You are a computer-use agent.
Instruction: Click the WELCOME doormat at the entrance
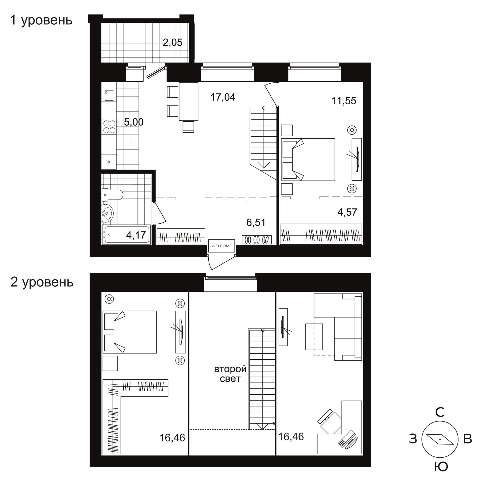click(222, 246)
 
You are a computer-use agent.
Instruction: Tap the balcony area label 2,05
click(172, 43)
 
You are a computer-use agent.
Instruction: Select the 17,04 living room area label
click(223, 97)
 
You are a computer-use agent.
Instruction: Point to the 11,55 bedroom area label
click(344, 101)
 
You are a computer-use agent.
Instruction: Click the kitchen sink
click(109, 96)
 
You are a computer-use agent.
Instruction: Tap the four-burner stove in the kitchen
click(109, 127)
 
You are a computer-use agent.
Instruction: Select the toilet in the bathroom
click(112, 195)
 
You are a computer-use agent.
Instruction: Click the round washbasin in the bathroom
click(107, 213)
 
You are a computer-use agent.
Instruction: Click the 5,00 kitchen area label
click(134, 122)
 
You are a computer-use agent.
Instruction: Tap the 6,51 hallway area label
click(256, 223)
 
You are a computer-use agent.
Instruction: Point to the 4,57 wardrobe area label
click(347, 212)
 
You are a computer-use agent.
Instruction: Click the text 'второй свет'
click(230, 374)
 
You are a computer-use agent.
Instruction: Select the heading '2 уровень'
click(42, 282)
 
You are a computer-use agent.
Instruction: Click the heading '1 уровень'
click(41, 20)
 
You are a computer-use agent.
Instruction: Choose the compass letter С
click(440, 413)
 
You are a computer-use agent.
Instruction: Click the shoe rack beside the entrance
click(257, 240)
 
